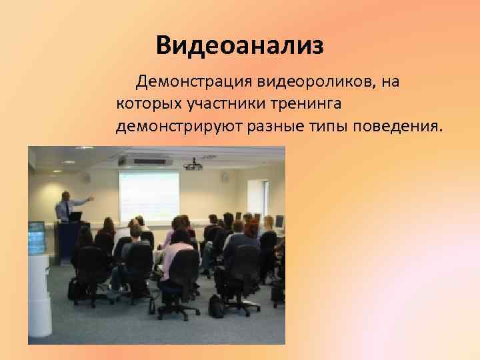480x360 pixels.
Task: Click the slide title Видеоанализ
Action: click(x=240, y=45)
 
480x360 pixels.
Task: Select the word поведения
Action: click(x=398, y=126)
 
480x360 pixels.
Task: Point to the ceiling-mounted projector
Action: click(x=193, y=163)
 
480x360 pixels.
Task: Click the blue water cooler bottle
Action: click(x=36, y=236)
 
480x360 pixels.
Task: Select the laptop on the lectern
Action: click(x=76, y=217)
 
